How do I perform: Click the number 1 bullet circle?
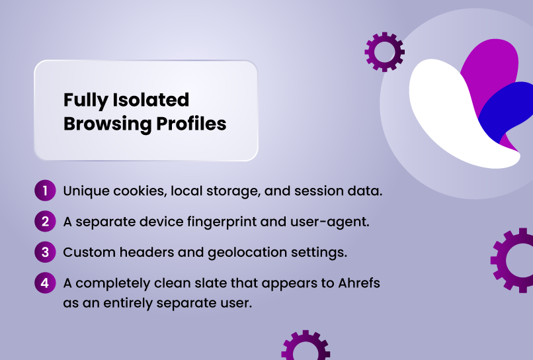click(45, 191)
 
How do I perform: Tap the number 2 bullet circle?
click(45, 222)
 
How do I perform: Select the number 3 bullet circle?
click(45, 252)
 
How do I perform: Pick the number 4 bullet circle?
click(45, 283)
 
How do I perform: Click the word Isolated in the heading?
click(151, 100)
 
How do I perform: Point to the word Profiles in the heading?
click(191, 123)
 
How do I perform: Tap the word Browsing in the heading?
click(107, 124)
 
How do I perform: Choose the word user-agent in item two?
click(330, 222)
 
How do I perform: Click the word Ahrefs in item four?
click(359, 283)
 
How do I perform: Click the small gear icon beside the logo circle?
click(384, 52)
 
